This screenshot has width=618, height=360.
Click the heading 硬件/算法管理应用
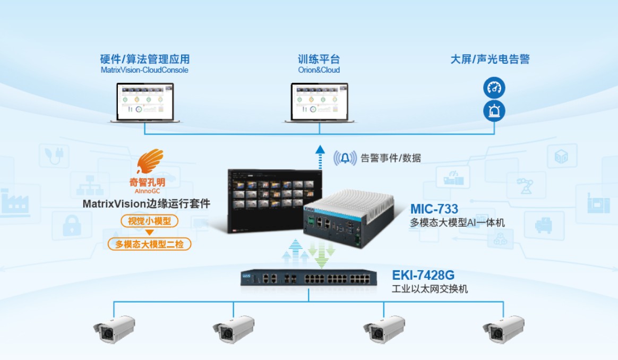point(145,59)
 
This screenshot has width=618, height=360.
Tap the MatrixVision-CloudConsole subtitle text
point(144,70)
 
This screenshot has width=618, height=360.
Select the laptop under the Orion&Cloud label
point(319,103)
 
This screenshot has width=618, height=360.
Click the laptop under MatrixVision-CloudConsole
point(145,103)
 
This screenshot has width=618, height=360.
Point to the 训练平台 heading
point(319,59)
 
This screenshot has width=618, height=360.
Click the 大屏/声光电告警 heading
point(490,59)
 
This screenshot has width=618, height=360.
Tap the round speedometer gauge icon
point(494,88)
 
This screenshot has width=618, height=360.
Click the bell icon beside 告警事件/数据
point(346,158)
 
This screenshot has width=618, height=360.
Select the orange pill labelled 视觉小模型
point(149,221)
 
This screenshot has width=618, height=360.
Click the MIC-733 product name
point(434,208)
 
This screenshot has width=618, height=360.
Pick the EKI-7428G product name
point(423,275)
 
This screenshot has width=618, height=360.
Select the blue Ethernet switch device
point(308,278)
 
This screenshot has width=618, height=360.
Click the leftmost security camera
point(114,328)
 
